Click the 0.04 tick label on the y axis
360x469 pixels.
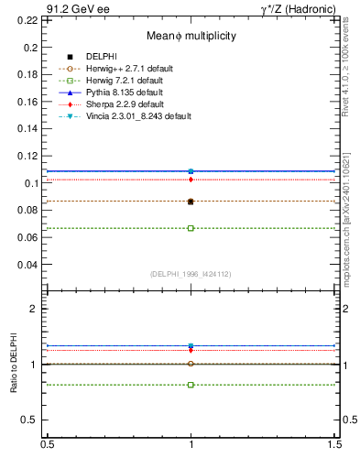tap(28, 265)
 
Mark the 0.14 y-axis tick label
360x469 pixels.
tap(28, 128)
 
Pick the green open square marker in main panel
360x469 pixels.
tap(191, 228)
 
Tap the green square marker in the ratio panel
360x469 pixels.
tap(191, 385)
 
